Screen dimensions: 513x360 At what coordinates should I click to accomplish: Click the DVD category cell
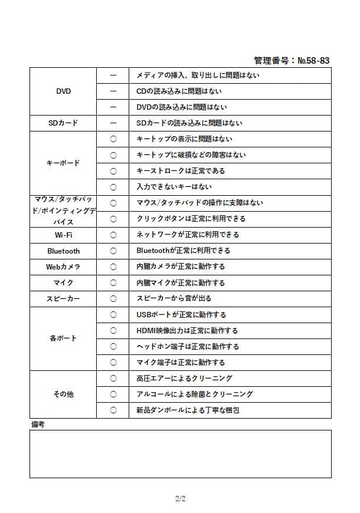click(x=63, y=91)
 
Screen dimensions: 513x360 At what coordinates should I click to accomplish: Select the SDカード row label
click(x=63, y=123)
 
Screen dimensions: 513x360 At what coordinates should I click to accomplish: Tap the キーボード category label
click(x=63, y=163)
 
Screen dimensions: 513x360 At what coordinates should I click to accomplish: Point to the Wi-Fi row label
click(x=63, y=235)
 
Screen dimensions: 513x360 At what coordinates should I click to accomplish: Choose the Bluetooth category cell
click(x=63, y=251)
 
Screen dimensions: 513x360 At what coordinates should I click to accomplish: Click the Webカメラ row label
click(x=63, y=267)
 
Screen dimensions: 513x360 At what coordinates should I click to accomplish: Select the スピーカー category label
click(x=63, y=298)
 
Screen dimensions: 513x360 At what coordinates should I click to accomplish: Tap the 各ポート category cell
click(x=63, y=338)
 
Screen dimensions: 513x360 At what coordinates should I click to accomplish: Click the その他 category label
click(x=63, y=394)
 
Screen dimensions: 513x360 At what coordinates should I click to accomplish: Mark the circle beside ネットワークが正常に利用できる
click(x=113, y=235)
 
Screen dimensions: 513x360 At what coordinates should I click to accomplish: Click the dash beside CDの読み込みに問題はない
click(x=113, y=91)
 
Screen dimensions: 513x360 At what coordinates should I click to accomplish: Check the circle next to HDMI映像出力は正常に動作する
click(x=113, y=330)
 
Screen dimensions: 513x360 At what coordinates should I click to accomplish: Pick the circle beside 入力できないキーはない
click(x=113, y=187)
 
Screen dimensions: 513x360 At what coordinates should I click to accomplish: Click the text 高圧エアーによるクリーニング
click(x=184, y=378)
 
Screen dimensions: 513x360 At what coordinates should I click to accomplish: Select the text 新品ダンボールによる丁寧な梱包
click(x=187, y=410)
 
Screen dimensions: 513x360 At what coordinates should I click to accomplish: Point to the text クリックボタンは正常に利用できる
click(x=191, y=219)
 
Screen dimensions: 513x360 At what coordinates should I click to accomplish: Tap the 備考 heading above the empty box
click(x=37, y=424)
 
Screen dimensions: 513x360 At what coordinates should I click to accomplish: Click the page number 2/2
click(x=180, y=499)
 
